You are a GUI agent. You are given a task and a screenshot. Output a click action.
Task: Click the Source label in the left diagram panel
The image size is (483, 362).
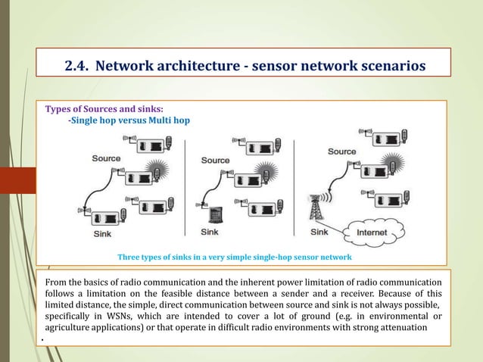106,158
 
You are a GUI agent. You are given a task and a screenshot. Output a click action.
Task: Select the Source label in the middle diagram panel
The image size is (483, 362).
215,161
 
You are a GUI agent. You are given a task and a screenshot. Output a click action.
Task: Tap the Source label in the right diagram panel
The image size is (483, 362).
341,151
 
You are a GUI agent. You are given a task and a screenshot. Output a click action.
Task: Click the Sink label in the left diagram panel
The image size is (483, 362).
101,235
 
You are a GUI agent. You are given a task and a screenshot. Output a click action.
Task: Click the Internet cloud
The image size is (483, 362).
372,230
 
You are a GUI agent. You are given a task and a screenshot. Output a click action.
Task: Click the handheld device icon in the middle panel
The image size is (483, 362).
214,214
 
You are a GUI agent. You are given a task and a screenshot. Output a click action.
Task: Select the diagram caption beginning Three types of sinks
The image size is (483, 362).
235,257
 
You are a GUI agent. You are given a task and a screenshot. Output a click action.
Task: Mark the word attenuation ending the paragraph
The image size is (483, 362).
400,327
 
